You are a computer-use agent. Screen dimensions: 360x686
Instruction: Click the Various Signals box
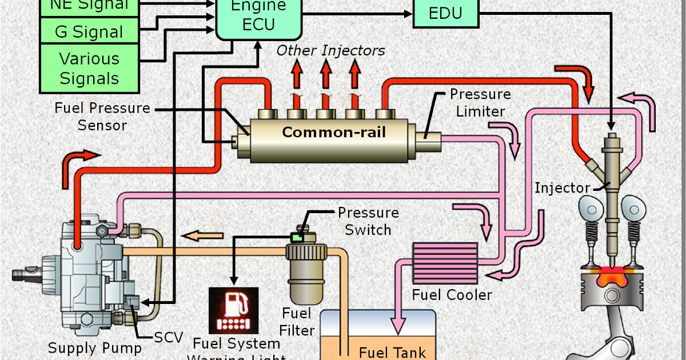click(89, 68)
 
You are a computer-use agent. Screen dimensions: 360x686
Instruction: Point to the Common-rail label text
click(334, 133)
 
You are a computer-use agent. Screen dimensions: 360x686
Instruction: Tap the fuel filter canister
click(308, 275)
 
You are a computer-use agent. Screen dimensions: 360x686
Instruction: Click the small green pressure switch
click(297, 237)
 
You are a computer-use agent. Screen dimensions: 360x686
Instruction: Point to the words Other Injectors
click(330, 50)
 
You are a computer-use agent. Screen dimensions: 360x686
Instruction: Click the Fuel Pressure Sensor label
click(102, 116)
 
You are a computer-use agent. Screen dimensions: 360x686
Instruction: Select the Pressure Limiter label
click(480, 102)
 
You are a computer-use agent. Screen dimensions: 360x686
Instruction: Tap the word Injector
click(562, 188)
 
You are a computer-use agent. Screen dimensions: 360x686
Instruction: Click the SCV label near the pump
click(168, 337)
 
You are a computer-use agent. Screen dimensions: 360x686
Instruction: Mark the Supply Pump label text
click(94, 347)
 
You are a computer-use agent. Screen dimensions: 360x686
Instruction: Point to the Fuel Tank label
click(392, 352)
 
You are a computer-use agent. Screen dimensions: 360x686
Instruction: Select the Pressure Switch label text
click(368, 221)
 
